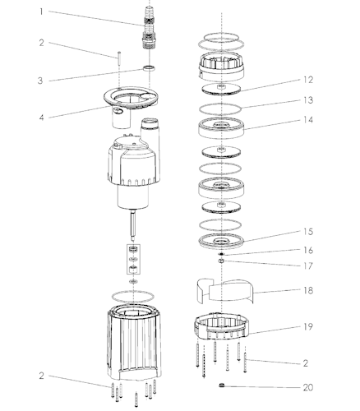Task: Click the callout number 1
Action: [x=41, y=12]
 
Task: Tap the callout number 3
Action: [x=40, y=81]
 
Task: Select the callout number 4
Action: [x=41, y=118]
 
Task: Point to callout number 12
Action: [x=308, y=80]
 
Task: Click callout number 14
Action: [x=308, y=120]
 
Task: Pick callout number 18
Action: [x=308, y=290]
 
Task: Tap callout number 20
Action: [x=308, y=387]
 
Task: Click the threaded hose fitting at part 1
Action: [x=150, y=27]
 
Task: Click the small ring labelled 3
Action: [x=150, y=68]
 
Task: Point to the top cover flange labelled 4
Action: [x=132, y=98]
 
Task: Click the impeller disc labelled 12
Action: [x=221, y=90]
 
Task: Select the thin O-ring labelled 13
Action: [x=220, y=109]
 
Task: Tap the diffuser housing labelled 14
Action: [x=221, y=127]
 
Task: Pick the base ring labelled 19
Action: [x=222, y=326]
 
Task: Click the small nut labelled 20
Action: [x=222, y=386]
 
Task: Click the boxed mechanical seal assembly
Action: [x=133, y=259]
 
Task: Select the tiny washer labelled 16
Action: [x=221, y=254]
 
